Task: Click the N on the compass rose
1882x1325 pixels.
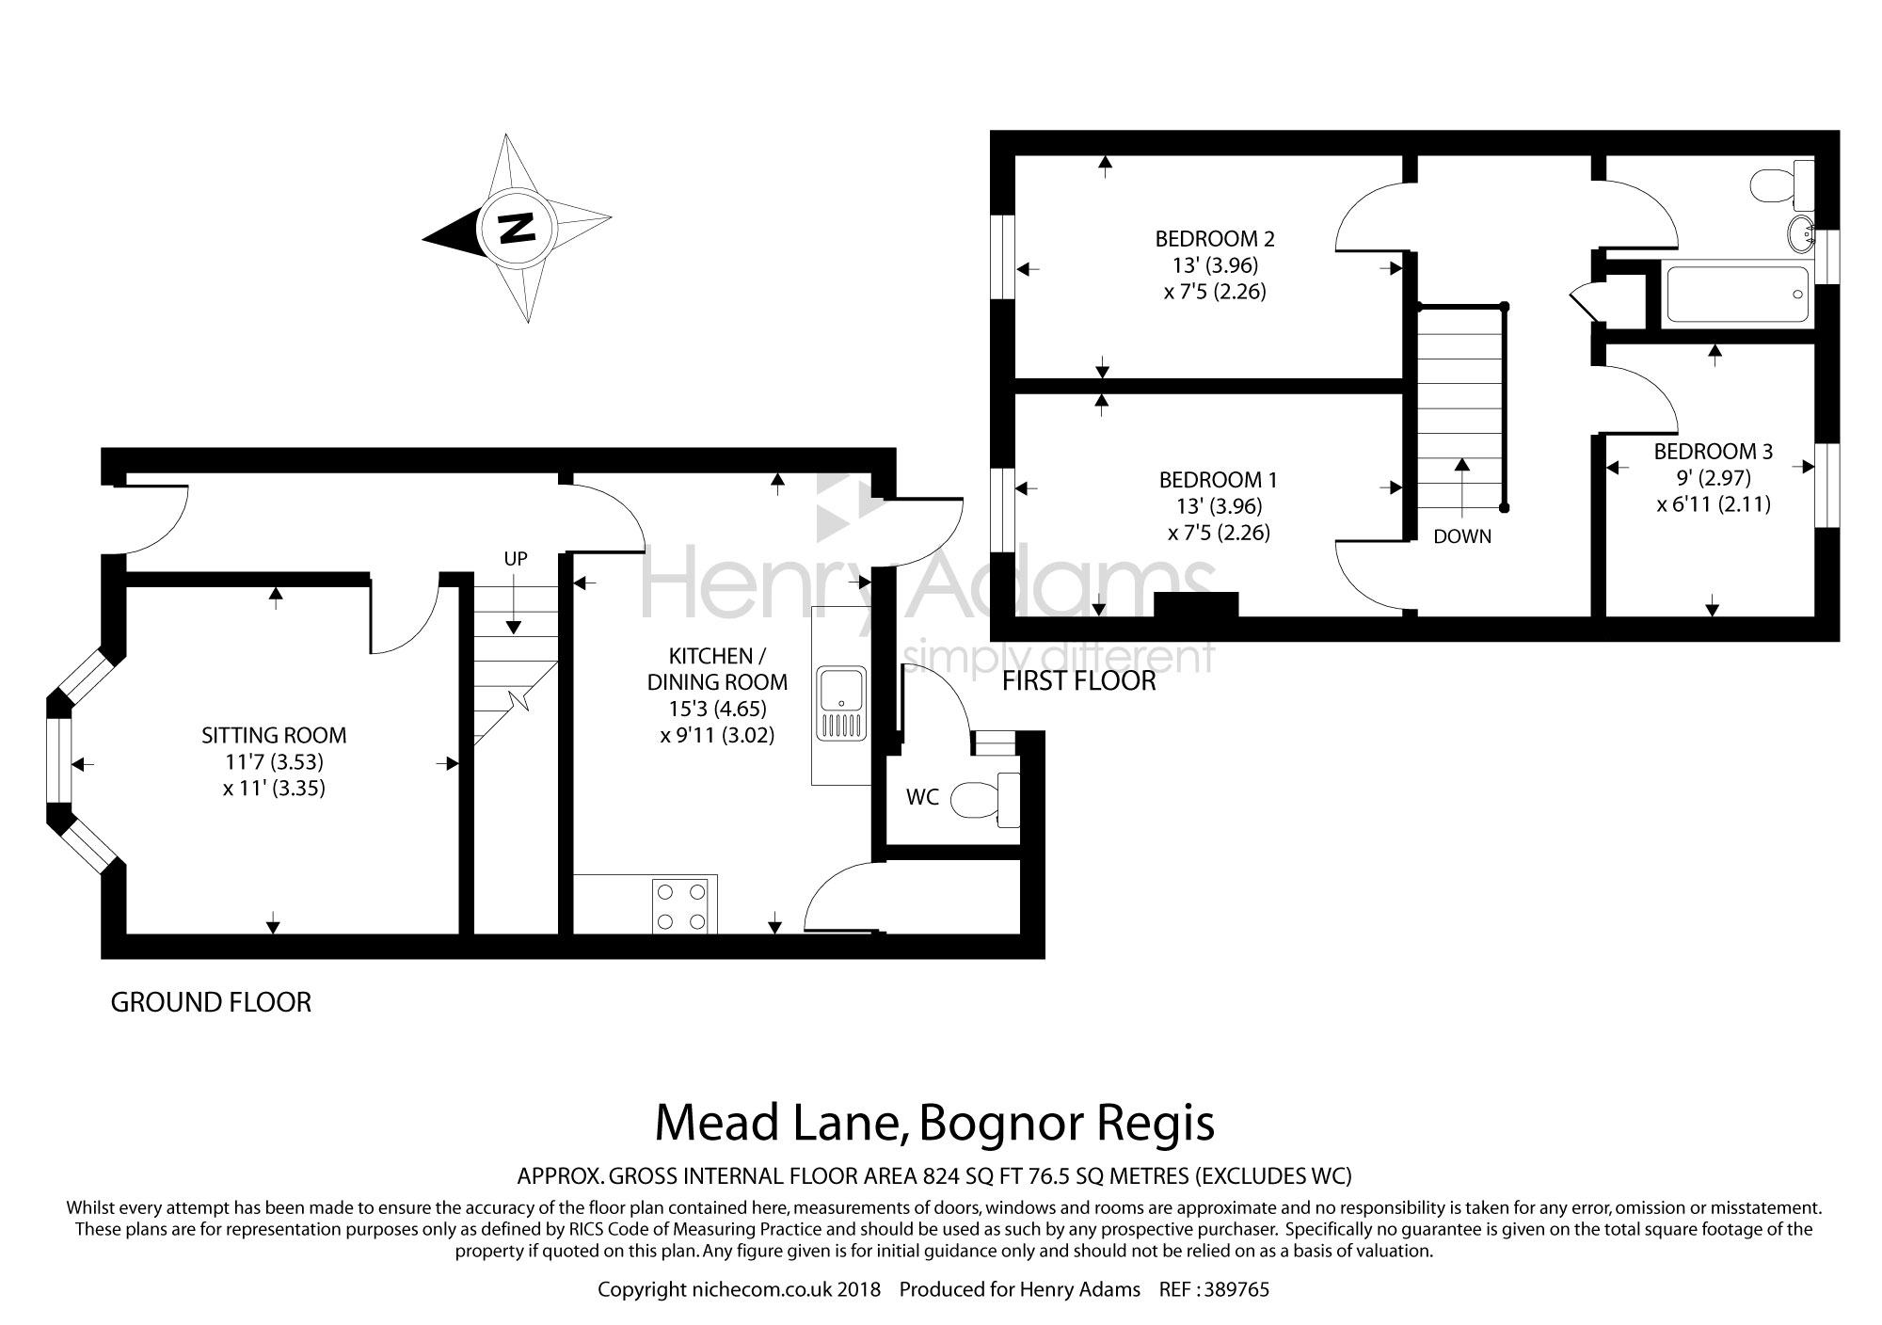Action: click(x=517, y=228)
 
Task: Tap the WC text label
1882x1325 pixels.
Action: click(x=922, y=797)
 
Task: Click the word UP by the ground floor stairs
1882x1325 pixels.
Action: click(x=516, y=559)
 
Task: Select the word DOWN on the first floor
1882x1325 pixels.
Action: click(x=1462, y=537)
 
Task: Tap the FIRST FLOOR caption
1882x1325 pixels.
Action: click(x=1078, y=680)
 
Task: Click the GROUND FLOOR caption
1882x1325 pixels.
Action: click(x=211, y=1002)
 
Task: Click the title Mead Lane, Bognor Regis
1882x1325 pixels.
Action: click(x=934, y=1123)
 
